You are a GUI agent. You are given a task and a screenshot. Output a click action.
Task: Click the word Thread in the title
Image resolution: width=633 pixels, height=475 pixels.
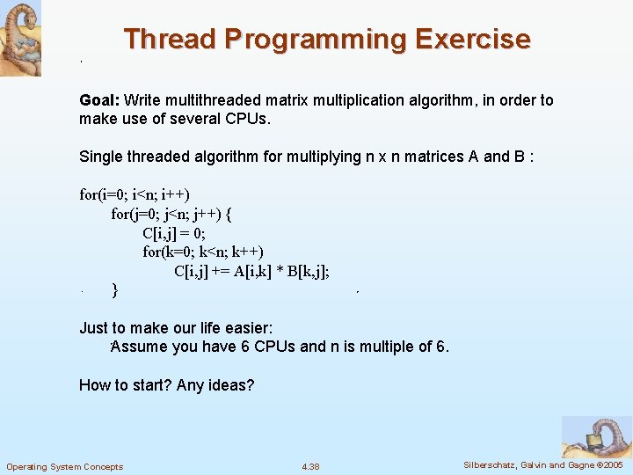(x=170, y=40)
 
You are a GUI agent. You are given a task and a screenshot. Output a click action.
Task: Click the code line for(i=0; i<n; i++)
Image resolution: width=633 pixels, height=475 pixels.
(x=135, y=194)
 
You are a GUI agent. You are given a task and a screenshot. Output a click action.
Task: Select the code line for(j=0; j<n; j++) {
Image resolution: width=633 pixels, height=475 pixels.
(x=171, y=214)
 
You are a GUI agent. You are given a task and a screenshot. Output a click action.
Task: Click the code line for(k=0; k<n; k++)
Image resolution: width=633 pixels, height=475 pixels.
(x=203, y=252)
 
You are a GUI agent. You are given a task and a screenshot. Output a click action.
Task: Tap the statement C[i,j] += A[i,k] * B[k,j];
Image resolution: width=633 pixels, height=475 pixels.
(x=251, y=271)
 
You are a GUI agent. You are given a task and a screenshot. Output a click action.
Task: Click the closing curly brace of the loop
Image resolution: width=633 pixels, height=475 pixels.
(x=115, y=289)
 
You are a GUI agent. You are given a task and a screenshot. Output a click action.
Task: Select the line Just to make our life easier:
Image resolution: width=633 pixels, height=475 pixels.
(x=176, y=328)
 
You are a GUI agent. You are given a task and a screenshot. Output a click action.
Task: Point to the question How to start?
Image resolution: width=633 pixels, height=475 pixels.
(x=126, y=385)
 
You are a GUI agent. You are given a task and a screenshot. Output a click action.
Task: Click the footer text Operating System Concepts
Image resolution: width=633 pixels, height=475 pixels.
(x=65, y=466)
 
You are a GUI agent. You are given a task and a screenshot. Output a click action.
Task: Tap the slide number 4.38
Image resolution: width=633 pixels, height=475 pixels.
(x=310, y=466)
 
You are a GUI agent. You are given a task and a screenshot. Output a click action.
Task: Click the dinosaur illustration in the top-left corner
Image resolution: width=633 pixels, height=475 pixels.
(x=19, y=38)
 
